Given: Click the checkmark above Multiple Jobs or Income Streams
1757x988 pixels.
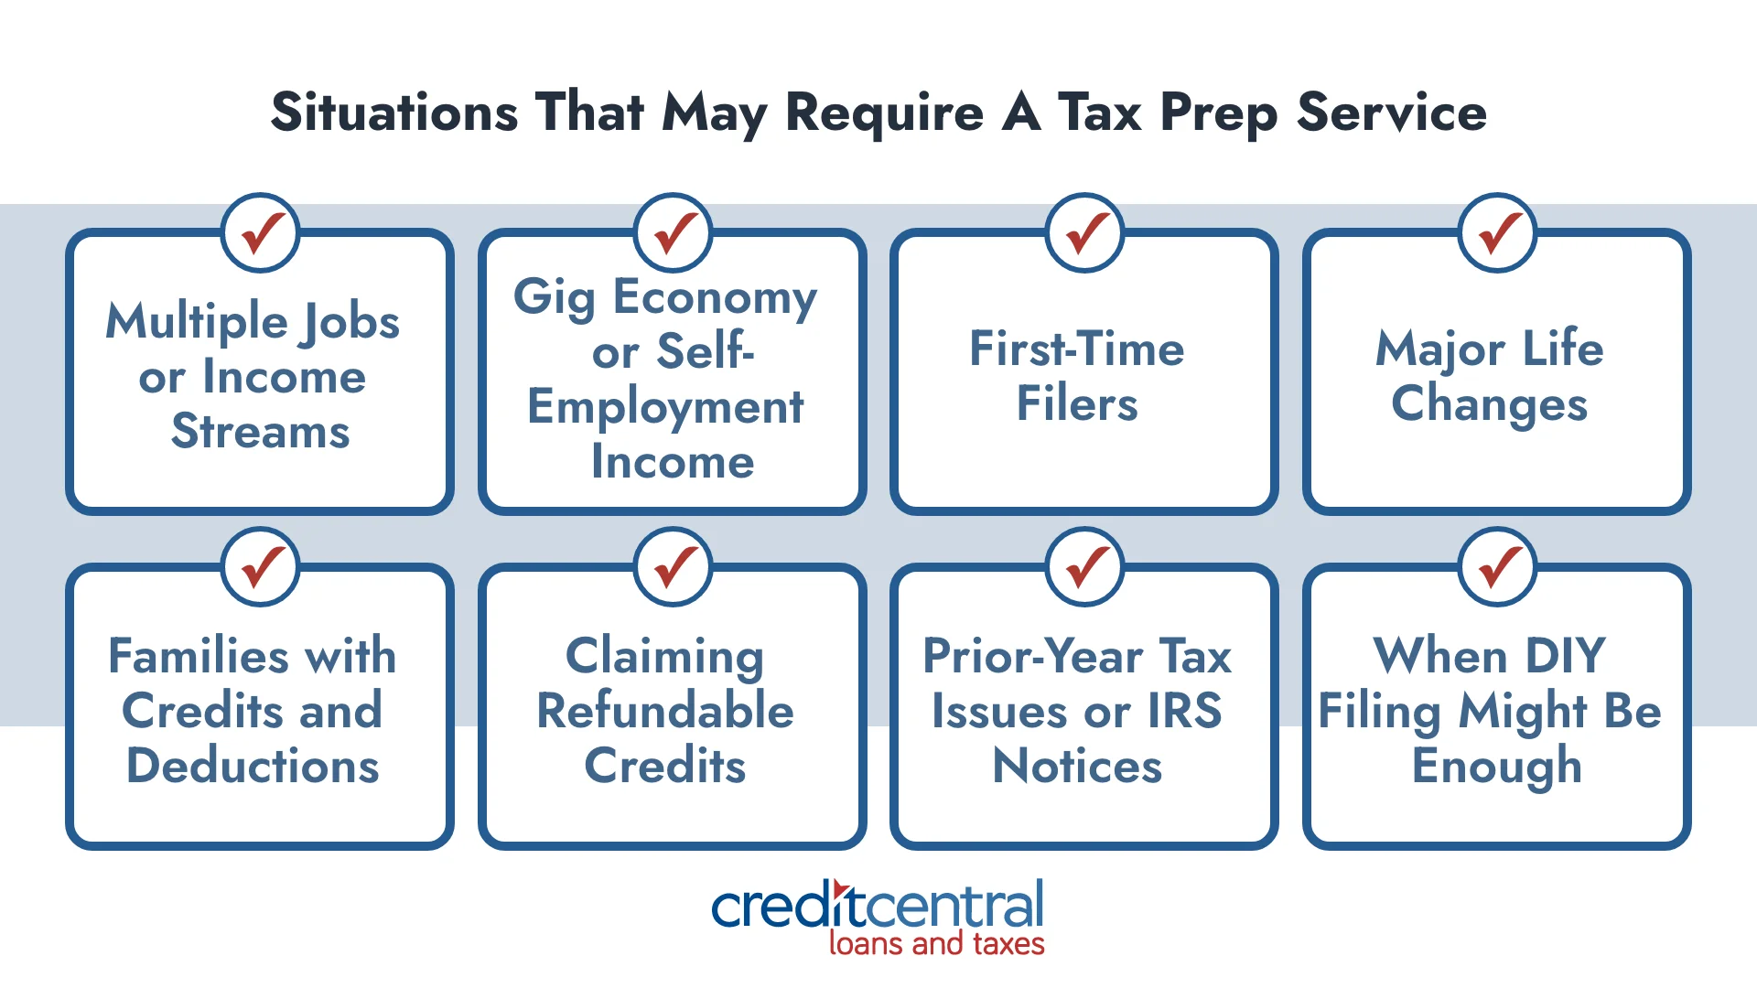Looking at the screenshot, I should (x=261, y=233).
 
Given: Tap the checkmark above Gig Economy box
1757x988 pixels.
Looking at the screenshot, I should (x=674, y=233).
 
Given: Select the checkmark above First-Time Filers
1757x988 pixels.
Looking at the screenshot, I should (x=1085, y=233).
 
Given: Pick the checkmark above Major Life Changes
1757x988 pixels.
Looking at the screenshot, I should (x=1498, y=233).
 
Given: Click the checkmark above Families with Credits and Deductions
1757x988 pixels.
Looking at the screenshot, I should (x=261, y=567).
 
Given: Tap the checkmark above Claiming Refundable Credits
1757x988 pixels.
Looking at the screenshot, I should (x=674, y=567).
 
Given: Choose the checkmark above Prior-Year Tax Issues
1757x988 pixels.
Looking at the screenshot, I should (x=1085, y=567).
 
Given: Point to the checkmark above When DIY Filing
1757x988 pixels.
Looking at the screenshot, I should (x=1498, y=567).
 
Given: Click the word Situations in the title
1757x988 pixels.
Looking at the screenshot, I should (x=394, y=113).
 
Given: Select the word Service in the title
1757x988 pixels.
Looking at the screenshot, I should (x=1391, y=113).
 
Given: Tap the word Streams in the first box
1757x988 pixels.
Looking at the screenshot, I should (x=261, y=431).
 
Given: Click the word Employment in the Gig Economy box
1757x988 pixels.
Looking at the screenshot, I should (x=665, y=407).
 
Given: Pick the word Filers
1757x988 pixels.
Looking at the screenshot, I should (x=1077, y=403).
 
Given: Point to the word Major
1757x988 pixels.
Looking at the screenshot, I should (x=1439, y=349).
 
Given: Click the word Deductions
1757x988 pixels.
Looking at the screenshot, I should (x=253, y=766).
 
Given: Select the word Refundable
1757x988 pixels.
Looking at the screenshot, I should (x=665, y=711).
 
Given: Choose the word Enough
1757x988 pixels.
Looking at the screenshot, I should (x=1497, y=767).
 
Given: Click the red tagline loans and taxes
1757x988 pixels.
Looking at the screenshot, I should (x=936, y=943).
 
